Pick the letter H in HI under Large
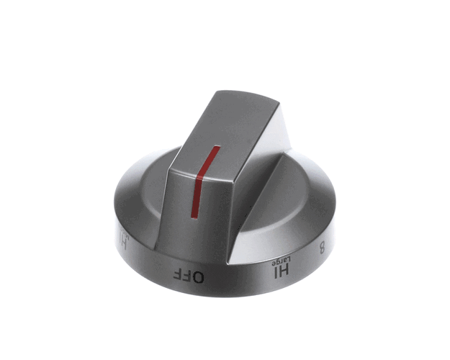[x=284, y=271]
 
